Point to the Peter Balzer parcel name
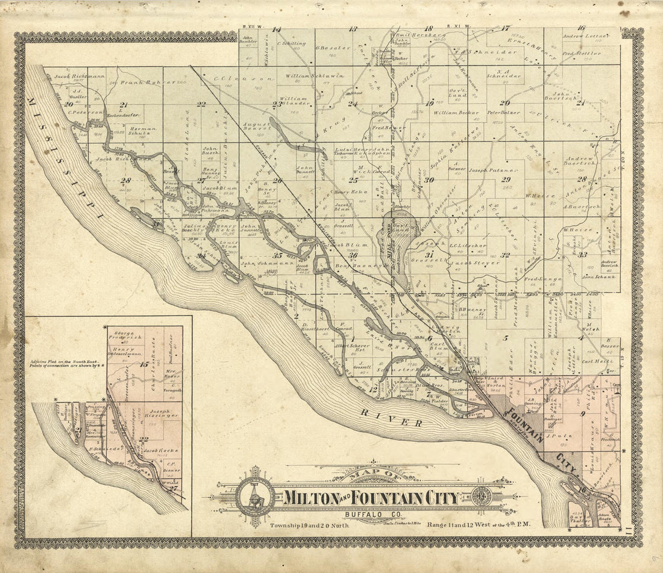tap(503, 113)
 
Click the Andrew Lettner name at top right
tap(583, 37)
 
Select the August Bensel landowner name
tap(254, 126)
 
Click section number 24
tap(353, 104)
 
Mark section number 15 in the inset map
tap(143, 364)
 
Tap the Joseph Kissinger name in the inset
tap(159, 416)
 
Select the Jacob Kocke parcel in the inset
tap(158, 451)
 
